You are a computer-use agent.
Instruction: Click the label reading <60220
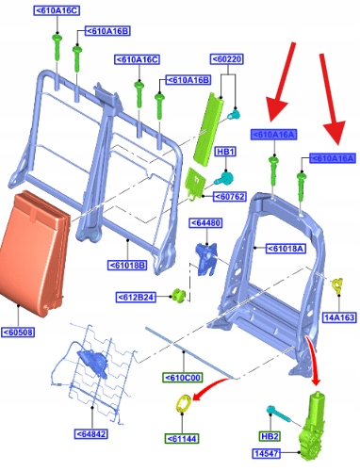pyautogui.click(x=227, y=59)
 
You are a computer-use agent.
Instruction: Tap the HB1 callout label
pyautogui.click(x=225, y=152)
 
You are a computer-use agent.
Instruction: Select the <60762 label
pyautogui.click(x=230, y=197)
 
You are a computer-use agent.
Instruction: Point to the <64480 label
pyautogui.click(x=205, y=223)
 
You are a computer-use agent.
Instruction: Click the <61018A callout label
pyautogui.click(x=286, y=249)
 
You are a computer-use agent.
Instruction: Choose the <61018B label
pyautogui.click(x=127, y=266)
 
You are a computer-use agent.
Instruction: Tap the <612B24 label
pyautogui.click(x=137, y=297)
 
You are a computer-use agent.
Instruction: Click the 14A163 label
pyautogui.click(x=339, y=317)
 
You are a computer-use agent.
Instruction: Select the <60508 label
pyautogui.click(x=18, y=333)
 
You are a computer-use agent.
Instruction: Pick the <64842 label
pyautogui.click(x=91, y=434)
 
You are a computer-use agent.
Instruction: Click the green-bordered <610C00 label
pyautogui.click(x=183, y=378)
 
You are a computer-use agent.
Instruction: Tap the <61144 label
pyautogui.click(x=182, y=438)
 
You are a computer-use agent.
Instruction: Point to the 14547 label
pyautogui.click(x=266, y=453)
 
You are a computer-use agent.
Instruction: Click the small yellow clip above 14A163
pyautogui.click(x=337, y=285)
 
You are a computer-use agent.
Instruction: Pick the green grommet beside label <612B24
pyautogui.click(x=178, y=295)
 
